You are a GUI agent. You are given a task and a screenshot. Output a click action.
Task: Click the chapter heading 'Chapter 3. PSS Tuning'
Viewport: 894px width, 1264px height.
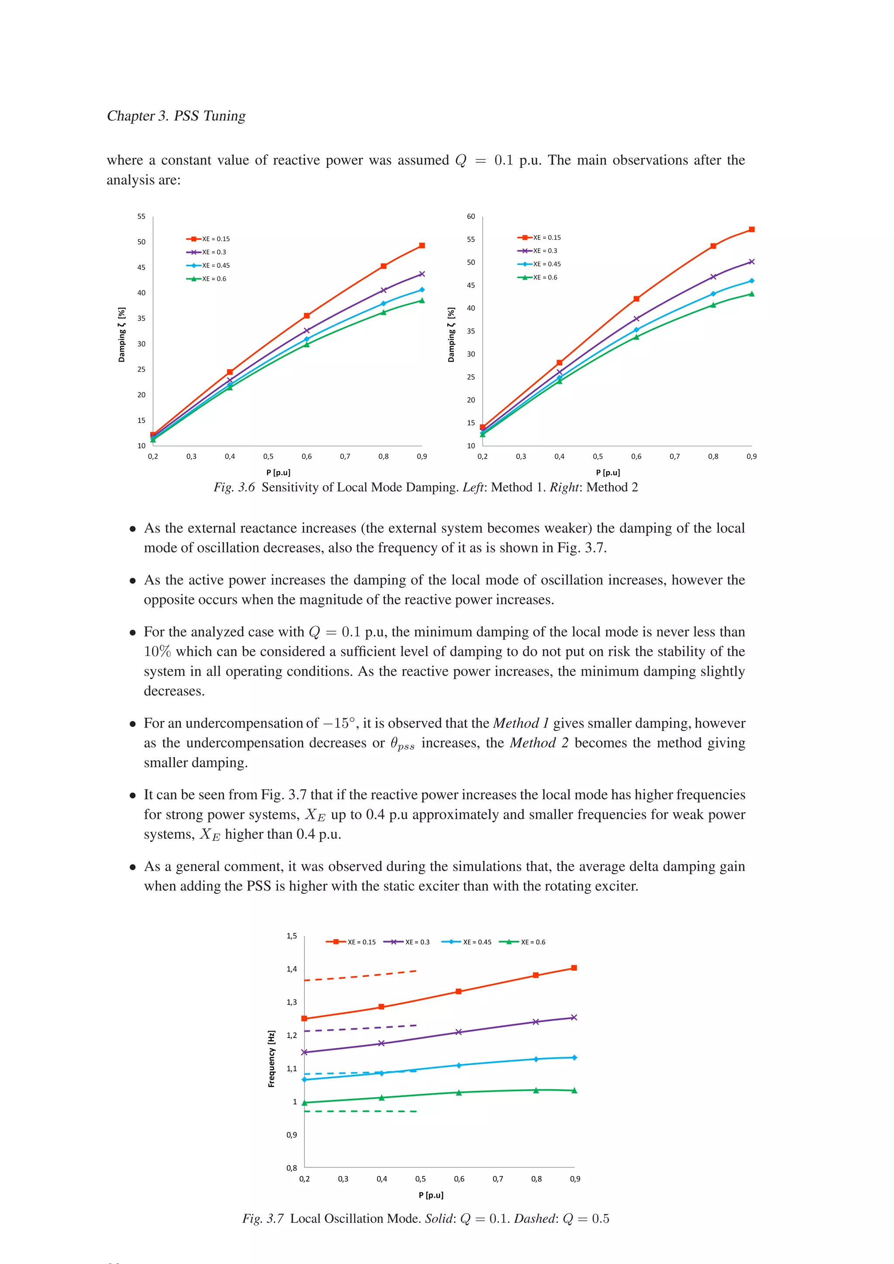[x=176, y=116]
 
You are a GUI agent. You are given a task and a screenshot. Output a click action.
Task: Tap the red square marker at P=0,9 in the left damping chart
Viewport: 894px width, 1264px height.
[x=422, y=246]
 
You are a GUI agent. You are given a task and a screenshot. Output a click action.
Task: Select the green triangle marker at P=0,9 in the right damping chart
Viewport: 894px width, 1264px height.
[x=751, y=294]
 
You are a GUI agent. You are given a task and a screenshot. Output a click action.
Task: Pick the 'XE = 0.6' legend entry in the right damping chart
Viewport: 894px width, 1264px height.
[x=538, y=277]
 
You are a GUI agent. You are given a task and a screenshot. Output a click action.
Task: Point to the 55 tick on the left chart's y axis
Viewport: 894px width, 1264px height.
[x=141, y=216]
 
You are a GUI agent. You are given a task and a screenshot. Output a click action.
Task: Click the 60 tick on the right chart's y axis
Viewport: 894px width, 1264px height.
[x=471, y=216]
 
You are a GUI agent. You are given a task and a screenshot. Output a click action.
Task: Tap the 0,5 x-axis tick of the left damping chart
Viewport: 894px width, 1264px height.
[x=268, y=456]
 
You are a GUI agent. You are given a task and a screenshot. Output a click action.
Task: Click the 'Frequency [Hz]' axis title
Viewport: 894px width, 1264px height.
[x=271, y=1059]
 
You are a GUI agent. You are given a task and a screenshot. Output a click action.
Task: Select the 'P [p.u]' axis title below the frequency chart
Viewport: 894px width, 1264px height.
[x=431, y=1195]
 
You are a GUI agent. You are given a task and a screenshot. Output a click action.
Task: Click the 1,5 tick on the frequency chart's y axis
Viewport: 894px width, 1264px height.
[x=292, y=936]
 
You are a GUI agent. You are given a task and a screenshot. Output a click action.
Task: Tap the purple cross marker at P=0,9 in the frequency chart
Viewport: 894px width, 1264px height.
[x=574, y=1018]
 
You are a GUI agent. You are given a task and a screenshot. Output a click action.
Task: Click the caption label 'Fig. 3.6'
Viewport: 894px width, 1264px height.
[x=234, y=487]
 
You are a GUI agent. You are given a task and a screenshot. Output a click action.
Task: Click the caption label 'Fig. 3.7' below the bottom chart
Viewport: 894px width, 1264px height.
[x=263, y=1218]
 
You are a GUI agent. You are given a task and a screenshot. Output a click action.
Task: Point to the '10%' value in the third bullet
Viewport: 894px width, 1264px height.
[x=158, y=651]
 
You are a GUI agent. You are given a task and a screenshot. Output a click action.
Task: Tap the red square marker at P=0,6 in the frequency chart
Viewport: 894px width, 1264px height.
[x=458, y=991]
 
